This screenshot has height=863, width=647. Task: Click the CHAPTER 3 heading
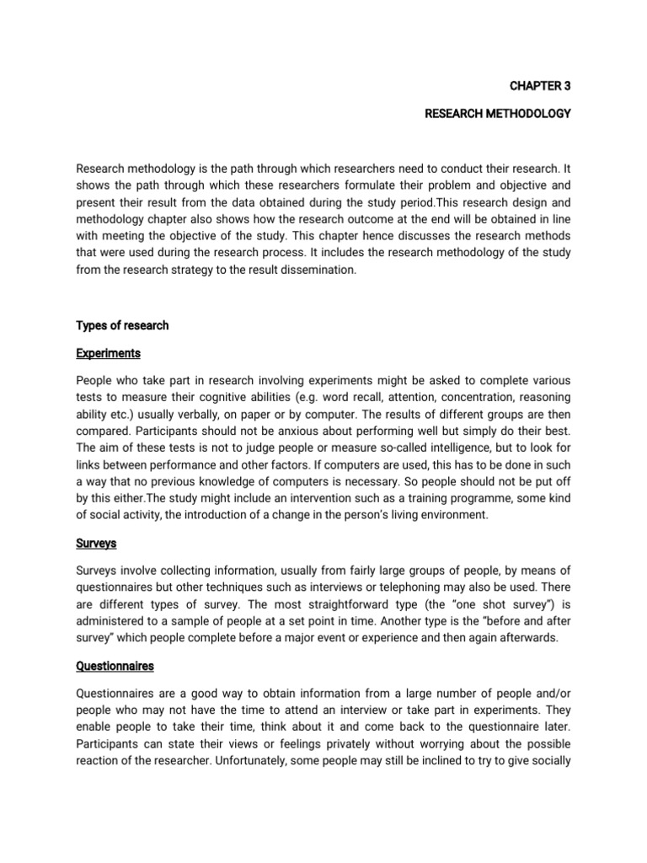click(539, 85)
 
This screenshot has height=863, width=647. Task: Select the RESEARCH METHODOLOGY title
click(498, 113)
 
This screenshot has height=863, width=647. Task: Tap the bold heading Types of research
click(122, 325)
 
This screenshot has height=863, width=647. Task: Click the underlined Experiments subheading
click(108, 352)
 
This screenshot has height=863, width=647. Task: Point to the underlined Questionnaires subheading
click(115, 666)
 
